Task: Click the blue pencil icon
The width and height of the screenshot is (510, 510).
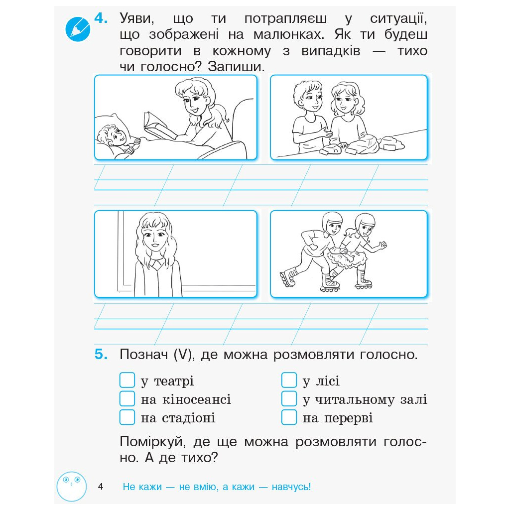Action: pyautogui.click(x=77, y=29)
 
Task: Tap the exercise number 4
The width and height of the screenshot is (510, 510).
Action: pyautogui.click(x=101, y=18)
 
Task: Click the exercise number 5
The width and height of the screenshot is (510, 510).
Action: pyautogui.click(x=101, y=354)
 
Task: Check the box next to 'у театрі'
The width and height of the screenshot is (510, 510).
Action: pyautogui.click(x=127, y=380)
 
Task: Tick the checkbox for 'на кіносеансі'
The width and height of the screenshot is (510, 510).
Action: pyautogui.click(x=127, y=398)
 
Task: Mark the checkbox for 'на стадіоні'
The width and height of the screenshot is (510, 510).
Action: pyautogui.click(x=127, y=417)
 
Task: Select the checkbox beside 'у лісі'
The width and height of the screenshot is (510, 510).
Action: pyautogui.click(x=289, y=380)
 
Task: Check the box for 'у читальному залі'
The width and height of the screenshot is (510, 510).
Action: pyautogui.click(x=289, y=398)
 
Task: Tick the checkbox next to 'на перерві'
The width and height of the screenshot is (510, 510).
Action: pyautogui.click(x=289, y=417)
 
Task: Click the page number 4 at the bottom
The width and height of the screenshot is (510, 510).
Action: pyautogui.click(x=101, y=487)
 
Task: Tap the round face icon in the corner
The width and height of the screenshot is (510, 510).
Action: pyautogui.click(x=72, y=487)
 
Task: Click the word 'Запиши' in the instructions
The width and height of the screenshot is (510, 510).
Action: pyautogui.click(x=236, y=67)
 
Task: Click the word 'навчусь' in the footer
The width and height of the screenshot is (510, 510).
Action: pyautogui.click(x=291, y=487)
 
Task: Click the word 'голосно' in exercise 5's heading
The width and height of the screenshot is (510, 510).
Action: pyautogui.click(x=388, y=355)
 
